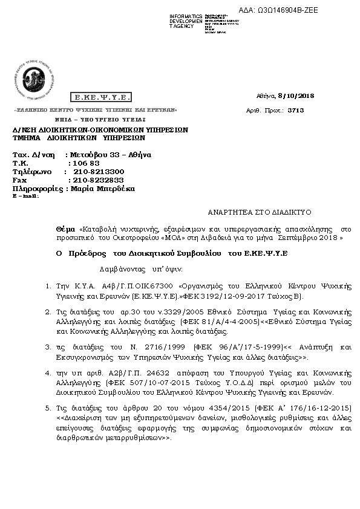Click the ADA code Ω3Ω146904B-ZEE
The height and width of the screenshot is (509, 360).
point(287,10)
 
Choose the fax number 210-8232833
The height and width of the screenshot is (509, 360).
point(97,180)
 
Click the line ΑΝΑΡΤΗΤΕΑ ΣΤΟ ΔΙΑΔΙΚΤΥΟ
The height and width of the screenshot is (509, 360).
point(259,212)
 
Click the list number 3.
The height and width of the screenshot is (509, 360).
point(48,347)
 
